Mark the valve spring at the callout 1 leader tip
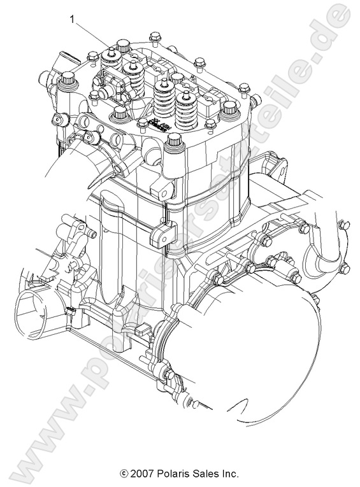pyautogui.click(x=133, y=76)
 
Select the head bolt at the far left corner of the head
pyautogui.click(x=66, y=82)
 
